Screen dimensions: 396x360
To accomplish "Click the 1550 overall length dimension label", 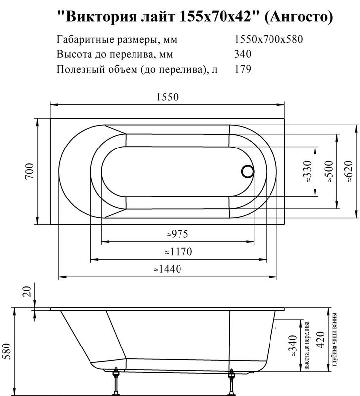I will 167,98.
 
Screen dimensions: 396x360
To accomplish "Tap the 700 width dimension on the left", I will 29,171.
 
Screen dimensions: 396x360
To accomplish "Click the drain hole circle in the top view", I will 247,172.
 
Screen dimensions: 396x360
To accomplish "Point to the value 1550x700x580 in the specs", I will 269,40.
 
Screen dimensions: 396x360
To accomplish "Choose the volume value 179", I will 242,69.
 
